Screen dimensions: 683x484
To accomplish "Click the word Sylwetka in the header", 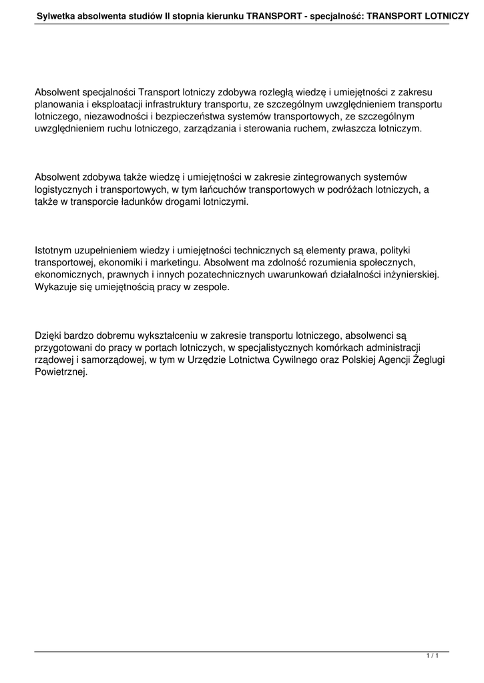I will [57, 13].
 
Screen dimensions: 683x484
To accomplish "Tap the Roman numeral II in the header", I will [169, 13].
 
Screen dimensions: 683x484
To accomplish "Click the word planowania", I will [58, 105].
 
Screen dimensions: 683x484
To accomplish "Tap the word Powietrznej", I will [61, 372].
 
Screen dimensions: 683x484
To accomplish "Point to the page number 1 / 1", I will [432, 658].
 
